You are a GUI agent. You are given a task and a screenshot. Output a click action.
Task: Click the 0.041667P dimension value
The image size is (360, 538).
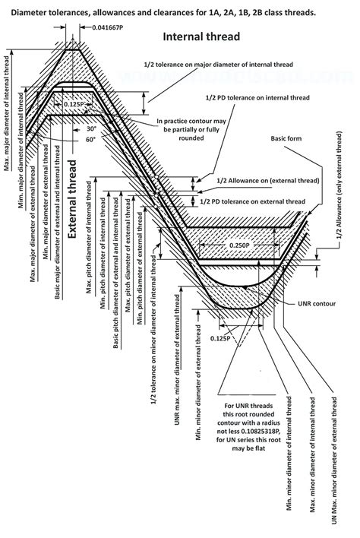(x=107, y=27)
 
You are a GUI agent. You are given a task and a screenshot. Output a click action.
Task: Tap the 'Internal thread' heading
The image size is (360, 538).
(x=201, y=36)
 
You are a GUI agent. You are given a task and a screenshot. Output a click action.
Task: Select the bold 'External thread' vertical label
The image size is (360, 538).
(x=72, y=199)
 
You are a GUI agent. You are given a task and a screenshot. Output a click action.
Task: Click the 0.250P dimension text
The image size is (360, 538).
(x=240, y=245)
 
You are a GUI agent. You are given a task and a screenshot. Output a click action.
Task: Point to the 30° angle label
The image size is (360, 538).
(x=92, y=129)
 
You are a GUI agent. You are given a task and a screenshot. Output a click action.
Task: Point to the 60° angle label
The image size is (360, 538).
(x=91, y=140)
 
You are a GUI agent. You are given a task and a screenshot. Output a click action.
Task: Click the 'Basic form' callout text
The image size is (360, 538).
(x=286, y=138)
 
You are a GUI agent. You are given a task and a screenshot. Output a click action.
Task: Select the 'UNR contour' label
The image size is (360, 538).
(x=317, y=304)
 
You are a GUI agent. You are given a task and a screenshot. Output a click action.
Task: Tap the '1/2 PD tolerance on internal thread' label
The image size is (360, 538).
(x=257, y=98)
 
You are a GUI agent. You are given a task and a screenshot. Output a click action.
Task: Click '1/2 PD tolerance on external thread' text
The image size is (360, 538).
(x=253, y=202)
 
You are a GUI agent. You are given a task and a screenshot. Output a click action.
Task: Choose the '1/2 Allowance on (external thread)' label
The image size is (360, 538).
(x=268, y=181)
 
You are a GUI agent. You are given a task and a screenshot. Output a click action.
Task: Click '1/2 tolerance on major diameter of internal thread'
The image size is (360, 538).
(x=219, y=65)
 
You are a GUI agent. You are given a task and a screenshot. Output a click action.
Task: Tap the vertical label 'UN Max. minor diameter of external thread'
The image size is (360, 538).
(x=334, y=460)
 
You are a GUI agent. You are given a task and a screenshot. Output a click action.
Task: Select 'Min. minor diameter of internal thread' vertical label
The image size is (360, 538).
(x=289, y=453)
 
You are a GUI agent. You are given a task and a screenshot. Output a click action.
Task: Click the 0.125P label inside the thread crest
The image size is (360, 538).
(x=74, y=103)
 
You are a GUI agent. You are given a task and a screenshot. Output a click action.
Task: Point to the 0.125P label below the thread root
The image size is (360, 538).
(x=220, y=338)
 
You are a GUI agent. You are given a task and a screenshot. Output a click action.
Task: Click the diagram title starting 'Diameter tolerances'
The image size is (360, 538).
(x=163, y=13)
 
